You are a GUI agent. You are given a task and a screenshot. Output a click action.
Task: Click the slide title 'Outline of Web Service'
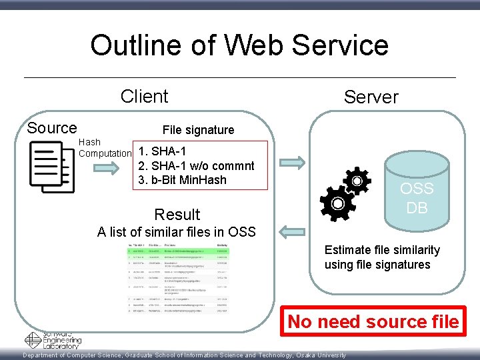[239, 45]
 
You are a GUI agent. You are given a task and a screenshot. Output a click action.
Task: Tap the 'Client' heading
[144, 97]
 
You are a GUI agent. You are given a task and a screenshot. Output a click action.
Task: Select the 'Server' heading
[371, 97]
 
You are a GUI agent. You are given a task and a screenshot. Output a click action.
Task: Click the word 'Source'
[52, 128]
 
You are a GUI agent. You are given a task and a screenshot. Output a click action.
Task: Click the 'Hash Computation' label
[105, 148]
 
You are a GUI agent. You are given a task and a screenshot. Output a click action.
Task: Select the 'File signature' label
[198, 130]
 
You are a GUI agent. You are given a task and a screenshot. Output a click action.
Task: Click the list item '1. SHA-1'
[162, 152]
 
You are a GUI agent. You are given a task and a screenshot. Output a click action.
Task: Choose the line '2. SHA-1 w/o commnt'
[195, 166]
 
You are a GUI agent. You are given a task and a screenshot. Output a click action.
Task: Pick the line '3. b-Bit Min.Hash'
[182, 180]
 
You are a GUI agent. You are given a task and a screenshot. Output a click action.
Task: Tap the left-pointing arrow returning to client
[291, 232]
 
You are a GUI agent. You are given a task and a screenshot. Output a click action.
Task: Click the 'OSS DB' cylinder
[417, 193]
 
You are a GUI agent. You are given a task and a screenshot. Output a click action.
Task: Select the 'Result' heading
[177, 215]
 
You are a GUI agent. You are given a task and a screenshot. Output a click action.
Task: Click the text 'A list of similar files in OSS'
[176, 232]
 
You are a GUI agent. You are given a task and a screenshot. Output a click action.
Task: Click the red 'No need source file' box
[373, 322]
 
